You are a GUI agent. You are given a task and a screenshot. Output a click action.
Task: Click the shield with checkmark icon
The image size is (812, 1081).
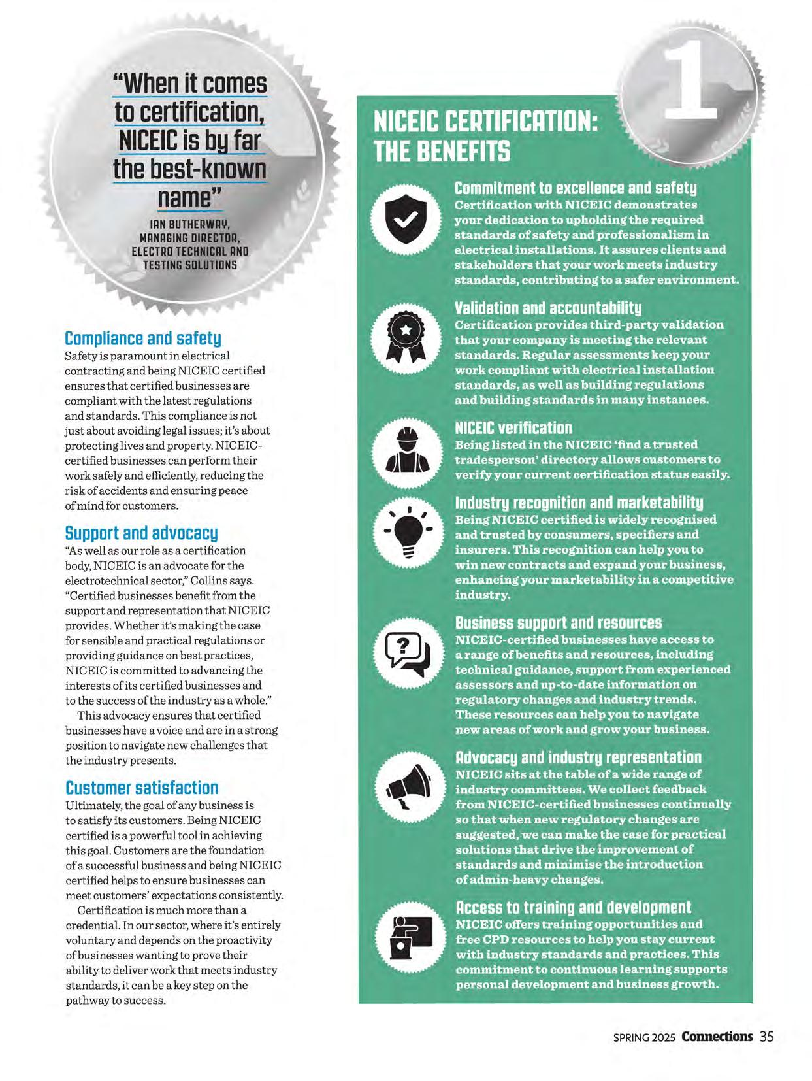click(405, 220)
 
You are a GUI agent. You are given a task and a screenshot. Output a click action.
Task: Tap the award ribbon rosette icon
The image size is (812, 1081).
click(405, 338)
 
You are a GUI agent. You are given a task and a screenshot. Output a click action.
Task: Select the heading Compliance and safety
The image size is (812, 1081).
click(143, 339)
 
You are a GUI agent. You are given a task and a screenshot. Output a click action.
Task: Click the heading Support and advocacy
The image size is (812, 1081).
click(141, 533)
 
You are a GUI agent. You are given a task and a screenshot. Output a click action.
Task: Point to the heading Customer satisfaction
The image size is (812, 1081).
click(142, 788)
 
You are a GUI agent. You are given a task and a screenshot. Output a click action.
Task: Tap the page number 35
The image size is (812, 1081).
click(767, 1037)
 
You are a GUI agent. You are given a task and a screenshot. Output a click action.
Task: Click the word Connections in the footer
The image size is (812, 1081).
click(717, 1037)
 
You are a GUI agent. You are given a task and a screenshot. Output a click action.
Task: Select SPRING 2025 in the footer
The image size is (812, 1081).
click(645, 1037)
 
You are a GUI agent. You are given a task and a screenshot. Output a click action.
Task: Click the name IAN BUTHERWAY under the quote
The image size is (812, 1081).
click(190, 224)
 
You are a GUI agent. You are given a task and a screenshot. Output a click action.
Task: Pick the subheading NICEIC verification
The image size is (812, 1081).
click(513, 428)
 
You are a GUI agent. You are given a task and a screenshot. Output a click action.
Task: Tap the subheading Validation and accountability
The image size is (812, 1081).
click(547, 308)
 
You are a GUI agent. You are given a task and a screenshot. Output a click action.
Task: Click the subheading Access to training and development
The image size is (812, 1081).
click(572, 908)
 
